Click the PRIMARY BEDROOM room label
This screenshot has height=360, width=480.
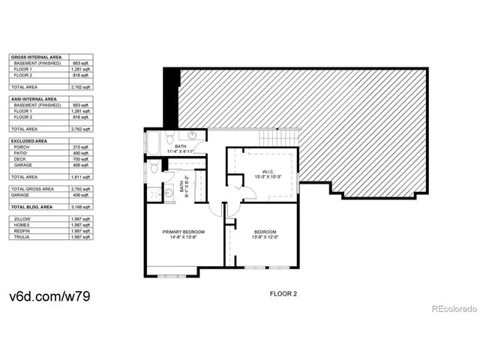[184, 232]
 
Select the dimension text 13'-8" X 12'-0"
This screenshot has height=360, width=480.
[265, 238]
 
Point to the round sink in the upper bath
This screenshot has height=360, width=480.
[193, 136]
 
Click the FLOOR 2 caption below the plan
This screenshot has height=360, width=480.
[283, 294]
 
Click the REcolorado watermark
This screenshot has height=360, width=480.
[452, 308]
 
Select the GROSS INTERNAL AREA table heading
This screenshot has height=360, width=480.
[34, 57]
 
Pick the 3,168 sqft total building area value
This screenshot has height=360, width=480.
[81, 205]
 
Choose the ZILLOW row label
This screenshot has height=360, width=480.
[23, 218]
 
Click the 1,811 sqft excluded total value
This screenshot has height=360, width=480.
[81, 176]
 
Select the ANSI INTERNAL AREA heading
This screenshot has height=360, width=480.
[33, 99]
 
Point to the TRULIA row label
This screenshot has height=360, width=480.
[22, 237]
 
